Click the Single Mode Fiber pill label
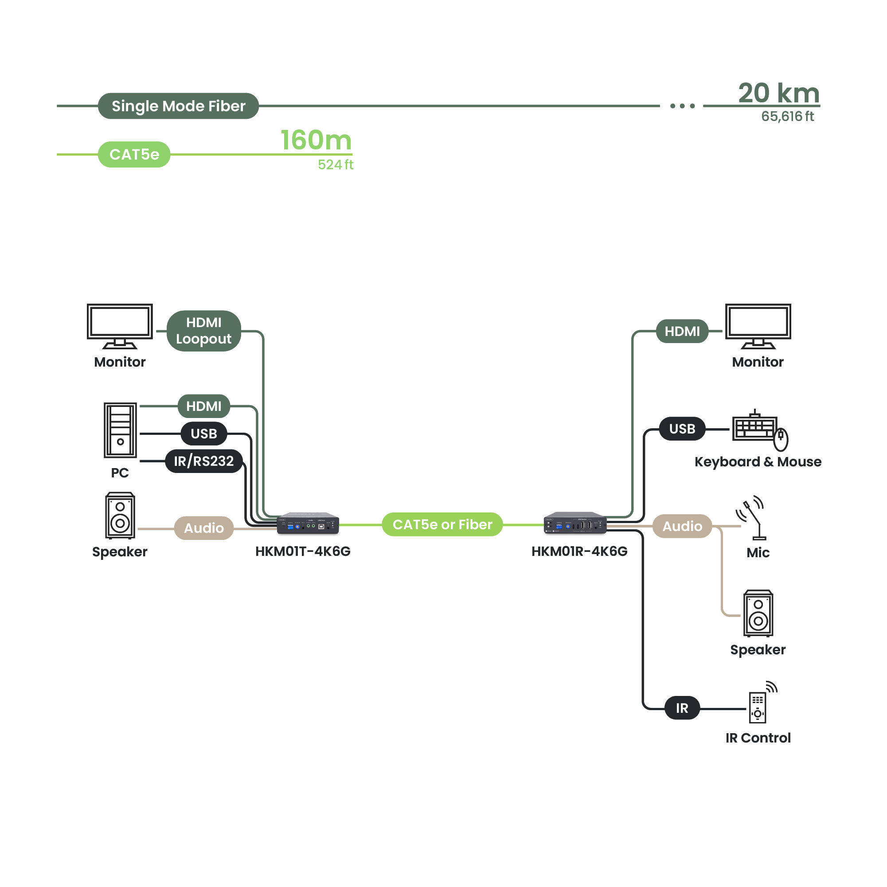click(x=178, y=106)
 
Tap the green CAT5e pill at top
click(x=134, y=154)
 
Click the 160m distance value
click(x=316, y=140)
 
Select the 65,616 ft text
click(x=787, y=117)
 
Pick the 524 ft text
click(x=336, y=165)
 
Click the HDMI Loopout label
click(x=204, y=331)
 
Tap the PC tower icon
click(x=120, y=430)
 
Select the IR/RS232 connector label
click(x=204, y=461)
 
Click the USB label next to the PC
click(x=204, y=434)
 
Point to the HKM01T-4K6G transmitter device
click(x=308, y=524)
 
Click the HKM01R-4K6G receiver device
click(x=575, y=524)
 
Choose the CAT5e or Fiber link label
click(x=442, y=524)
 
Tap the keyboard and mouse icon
click(x=760, y=430)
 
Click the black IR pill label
click(x=682, y=708)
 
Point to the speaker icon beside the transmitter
click(x=120, y=516)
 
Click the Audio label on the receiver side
click(x=682, y=526)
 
